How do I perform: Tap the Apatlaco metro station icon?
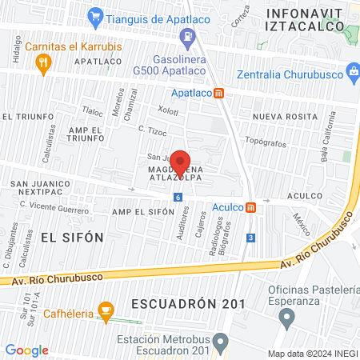pyautogui.click(x=230, y=92)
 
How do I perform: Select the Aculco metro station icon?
pyautogui.click(x=251, y=207)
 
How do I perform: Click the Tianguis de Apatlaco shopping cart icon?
pyautogui.click(x=95, y=15)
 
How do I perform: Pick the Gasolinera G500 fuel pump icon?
pyautogui.click(x=187, y=36)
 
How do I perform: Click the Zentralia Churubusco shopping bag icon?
pyautogui.click(x=354, y=75)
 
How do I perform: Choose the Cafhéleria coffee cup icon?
pyautogui.click(x=104, y=310)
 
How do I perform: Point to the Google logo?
pyautogui.click(x=26, y=350)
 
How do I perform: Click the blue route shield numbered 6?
pyautogui.click(x=177, y=198)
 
